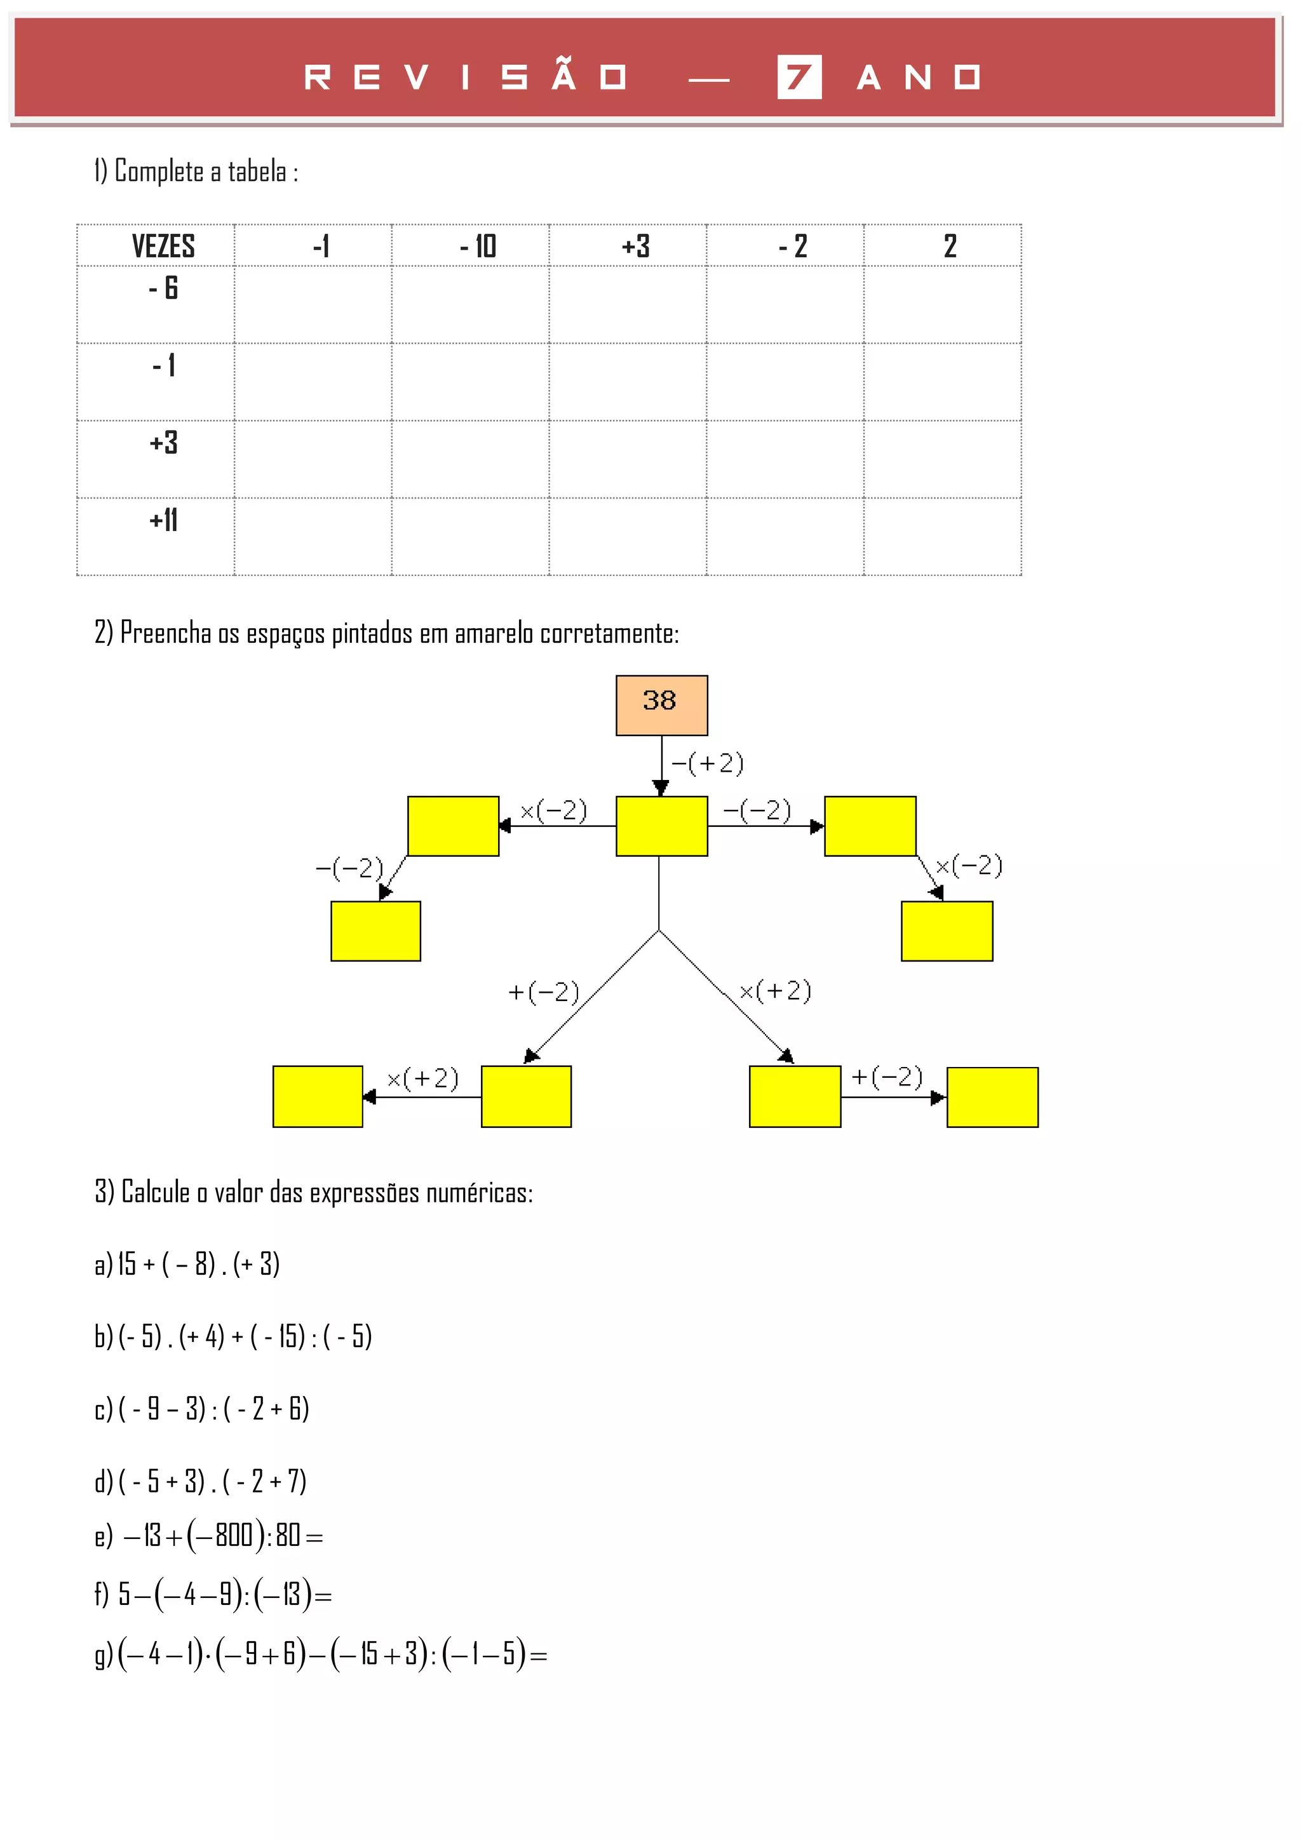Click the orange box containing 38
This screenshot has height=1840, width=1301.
pos(661,704)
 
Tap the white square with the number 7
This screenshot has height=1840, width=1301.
pos(799,77)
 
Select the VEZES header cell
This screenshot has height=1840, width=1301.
pos(163,246)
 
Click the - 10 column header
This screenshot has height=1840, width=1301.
pos(478,246)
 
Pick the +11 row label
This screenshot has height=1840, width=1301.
pos(163,521)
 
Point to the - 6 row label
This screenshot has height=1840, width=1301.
pos(163,288)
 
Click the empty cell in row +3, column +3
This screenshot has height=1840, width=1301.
pos(627,459)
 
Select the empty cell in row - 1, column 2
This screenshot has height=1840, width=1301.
pos(942,382)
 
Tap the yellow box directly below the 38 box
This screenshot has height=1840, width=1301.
pos(661,826)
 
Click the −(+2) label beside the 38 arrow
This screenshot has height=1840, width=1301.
pos(707,763)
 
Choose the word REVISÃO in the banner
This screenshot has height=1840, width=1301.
pos(464,77)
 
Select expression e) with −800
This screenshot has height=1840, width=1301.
pos(209,1536)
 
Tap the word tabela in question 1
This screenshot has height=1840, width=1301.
pos(257,171)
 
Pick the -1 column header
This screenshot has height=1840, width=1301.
pos(321,246)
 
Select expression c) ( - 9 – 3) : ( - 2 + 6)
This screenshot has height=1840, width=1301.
pos(201,1408)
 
